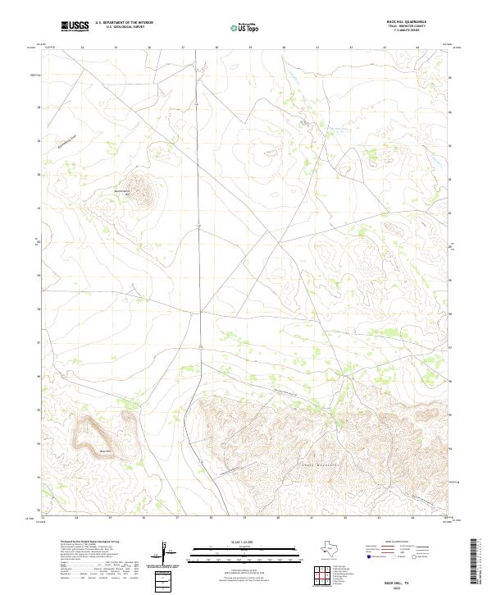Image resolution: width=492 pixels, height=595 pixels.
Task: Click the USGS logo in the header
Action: [75, 26]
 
